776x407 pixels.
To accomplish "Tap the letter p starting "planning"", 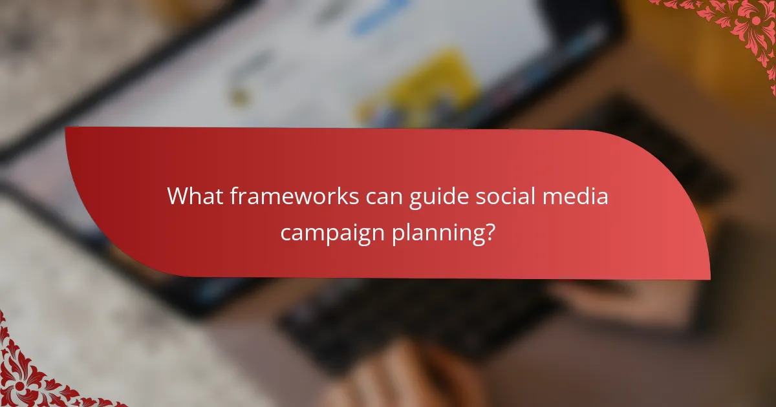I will tap(396, 235).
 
